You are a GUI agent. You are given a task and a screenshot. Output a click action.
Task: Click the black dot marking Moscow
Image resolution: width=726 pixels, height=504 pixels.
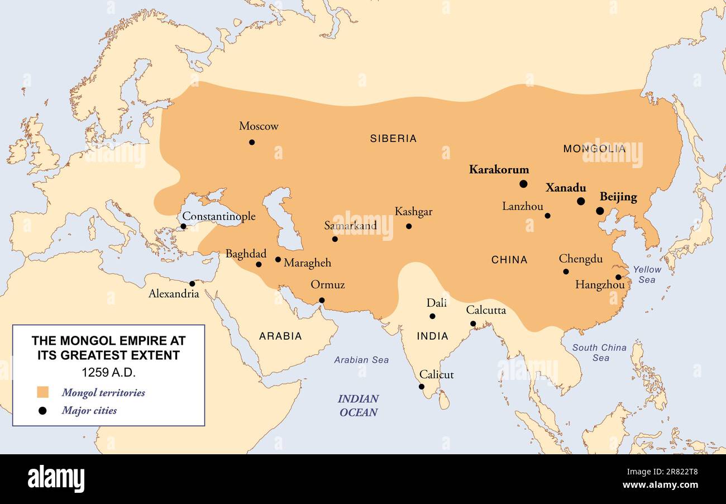(x=252, y=142)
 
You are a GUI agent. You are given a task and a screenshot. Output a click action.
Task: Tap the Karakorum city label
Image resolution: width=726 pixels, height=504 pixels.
(x=499, y=169)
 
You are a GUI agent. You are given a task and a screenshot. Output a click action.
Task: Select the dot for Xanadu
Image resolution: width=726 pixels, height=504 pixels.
(x=581, y=201)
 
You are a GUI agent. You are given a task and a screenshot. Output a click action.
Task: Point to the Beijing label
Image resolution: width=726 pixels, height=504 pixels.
(x=618, y=197)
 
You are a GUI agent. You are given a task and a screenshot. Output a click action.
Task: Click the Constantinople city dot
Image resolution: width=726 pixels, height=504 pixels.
(x=183, y=226)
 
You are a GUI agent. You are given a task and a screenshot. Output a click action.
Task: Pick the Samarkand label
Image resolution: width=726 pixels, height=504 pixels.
(x=350, y=226)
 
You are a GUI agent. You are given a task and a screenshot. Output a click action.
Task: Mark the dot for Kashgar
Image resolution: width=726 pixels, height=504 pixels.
(x=409, y=226)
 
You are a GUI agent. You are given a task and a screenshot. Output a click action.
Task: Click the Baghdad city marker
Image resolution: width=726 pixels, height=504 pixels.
(x=259, y=264)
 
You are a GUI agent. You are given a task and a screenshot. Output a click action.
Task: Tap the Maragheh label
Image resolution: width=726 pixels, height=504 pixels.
(x=307, y=263)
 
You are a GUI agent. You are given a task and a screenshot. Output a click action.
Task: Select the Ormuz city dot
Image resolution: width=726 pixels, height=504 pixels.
(x=322, y=300)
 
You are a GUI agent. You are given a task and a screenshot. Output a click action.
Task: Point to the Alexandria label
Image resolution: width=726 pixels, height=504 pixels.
(x=174, y=294)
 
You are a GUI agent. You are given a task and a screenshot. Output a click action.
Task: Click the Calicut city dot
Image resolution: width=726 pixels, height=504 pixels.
(x=422, y=387)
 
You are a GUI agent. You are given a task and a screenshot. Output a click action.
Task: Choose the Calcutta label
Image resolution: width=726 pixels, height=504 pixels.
(x=486, y=310)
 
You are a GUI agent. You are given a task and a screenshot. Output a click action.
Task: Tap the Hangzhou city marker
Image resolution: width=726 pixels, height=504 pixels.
(x=618, y=277)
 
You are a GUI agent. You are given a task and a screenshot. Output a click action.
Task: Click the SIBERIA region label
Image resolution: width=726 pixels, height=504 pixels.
(x=393, y=139)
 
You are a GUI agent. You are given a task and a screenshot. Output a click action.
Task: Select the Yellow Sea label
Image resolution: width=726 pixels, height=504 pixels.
(x=647, y=274)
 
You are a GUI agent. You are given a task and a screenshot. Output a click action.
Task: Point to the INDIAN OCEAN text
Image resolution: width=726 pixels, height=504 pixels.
(x=358, y=406)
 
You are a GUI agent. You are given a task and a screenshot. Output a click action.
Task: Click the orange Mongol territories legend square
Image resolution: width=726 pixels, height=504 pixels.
(x=42, y=392)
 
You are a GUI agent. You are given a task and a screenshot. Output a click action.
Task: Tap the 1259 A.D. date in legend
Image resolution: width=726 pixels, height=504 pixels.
(x=108, y=372)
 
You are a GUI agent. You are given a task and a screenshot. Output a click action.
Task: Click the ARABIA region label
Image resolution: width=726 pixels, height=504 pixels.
(x=280, y=336)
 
